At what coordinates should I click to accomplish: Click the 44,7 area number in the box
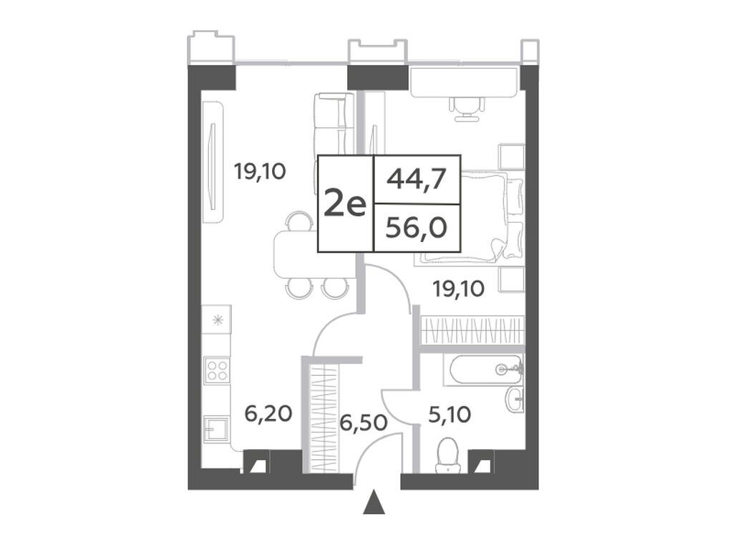pyautogui.click(x=417, y=180)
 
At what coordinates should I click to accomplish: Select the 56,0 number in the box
pyautogui.click(x=417, y=228)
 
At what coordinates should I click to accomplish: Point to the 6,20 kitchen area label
pyautogui.click(x=269, y=413)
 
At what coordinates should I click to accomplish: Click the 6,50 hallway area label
pyautogui.click(x=364, y=423)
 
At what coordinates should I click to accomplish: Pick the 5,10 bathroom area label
pyautogui.click(x=449, y=414)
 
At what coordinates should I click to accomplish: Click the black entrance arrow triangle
pyautogui.click(x=374, y=502)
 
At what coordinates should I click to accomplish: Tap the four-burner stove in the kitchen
pyautogui.click(x=218, y=370)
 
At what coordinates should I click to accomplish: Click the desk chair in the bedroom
pyautogui.click(x=466, y=109)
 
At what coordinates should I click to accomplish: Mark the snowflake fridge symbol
pyautogui.click(x=218, y=320)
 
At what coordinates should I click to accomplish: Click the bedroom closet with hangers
pyautogui.click(x=472, y=330)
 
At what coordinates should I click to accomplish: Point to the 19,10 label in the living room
pyautogui.click(x=260, y=173)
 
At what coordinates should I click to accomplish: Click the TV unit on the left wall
pyautogui.click(x=213, y=162)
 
